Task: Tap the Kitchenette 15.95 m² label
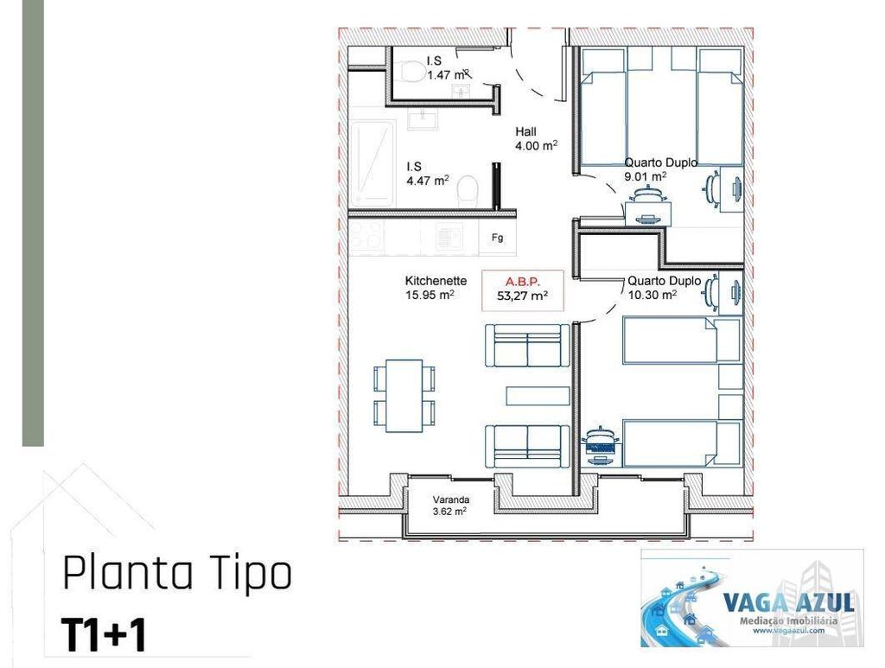(x=436, y=288)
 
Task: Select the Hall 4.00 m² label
(x=535, y=139)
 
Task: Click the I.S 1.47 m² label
(x=446, y=68)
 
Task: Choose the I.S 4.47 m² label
(x=428, y=174)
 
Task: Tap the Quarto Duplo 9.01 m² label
(x=660, y=169)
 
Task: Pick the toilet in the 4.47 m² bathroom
(x=468, y=188)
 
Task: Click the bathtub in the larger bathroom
(x=373, y=163)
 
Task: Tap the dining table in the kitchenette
(x=404, y=396)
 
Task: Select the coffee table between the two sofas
(x=538, y=396)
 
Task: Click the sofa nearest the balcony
(x=526, y=445)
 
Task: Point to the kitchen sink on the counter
(x=449, y=234)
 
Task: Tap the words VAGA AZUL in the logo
(x=787, y=601)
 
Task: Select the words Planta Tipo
(x=177, y=574)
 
